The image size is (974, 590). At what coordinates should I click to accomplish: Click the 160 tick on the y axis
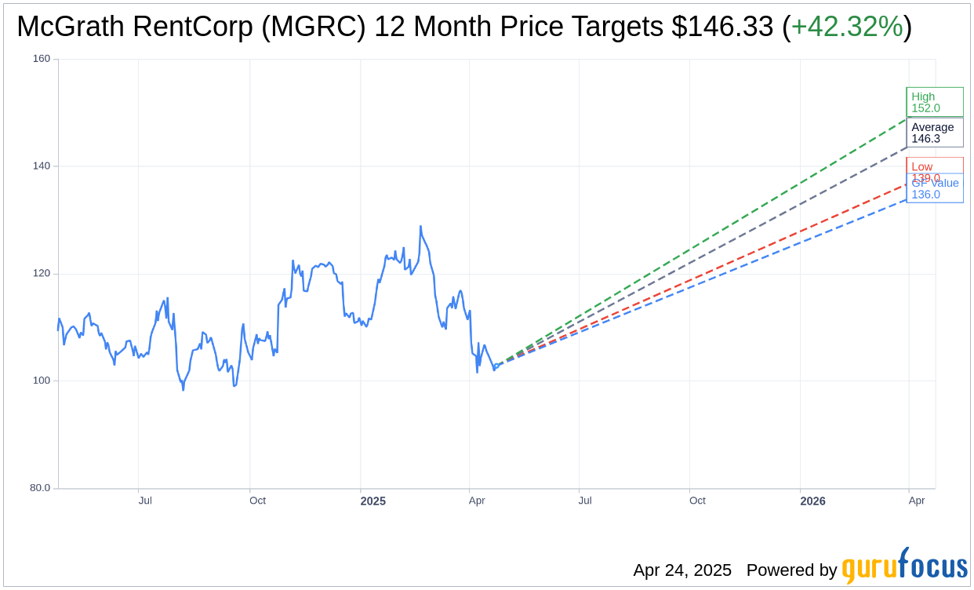click(41, 59)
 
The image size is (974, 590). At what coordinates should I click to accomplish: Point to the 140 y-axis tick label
click(41, 166)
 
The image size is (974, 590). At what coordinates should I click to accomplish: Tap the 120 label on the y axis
click(41, 274)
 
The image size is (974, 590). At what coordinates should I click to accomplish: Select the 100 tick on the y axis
click(41, 381)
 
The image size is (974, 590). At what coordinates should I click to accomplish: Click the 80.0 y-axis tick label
click(39, 488)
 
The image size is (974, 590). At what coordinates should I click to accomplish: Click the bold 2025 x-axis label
click(373, 501)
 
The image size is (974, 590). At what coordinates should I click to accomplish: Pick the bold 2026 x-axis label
click(812, 501)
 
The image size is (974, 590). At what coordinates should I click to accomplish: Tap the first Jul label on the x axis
click(145, 501)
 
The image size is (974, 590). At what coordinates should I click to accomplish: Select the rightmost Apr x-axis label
click(916, 501)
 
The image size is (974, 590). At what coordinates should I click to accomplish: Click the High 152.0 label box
click(934, 102)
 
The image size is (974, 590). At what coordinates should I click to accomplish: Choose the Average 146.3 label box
click(934, 133)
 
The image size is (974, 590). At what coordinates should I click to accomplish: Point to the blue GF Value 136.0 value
click(925, 195)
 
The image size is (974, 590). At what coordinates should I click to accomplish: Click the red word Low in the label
click(922, 166)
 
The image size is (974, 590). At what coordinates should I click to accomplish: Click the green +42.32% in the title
click(846, 27)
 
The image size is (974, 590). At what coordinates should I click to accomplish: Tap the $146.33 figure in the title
click(722, 27)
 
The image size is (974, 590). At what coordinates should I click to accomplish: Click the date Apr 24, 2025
click(682, 570)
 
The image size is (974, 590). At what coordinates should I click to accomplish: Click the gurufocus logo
click(904, 567)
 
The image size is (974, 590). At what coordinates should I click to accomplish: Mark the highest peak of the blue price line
click(420, 227)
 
